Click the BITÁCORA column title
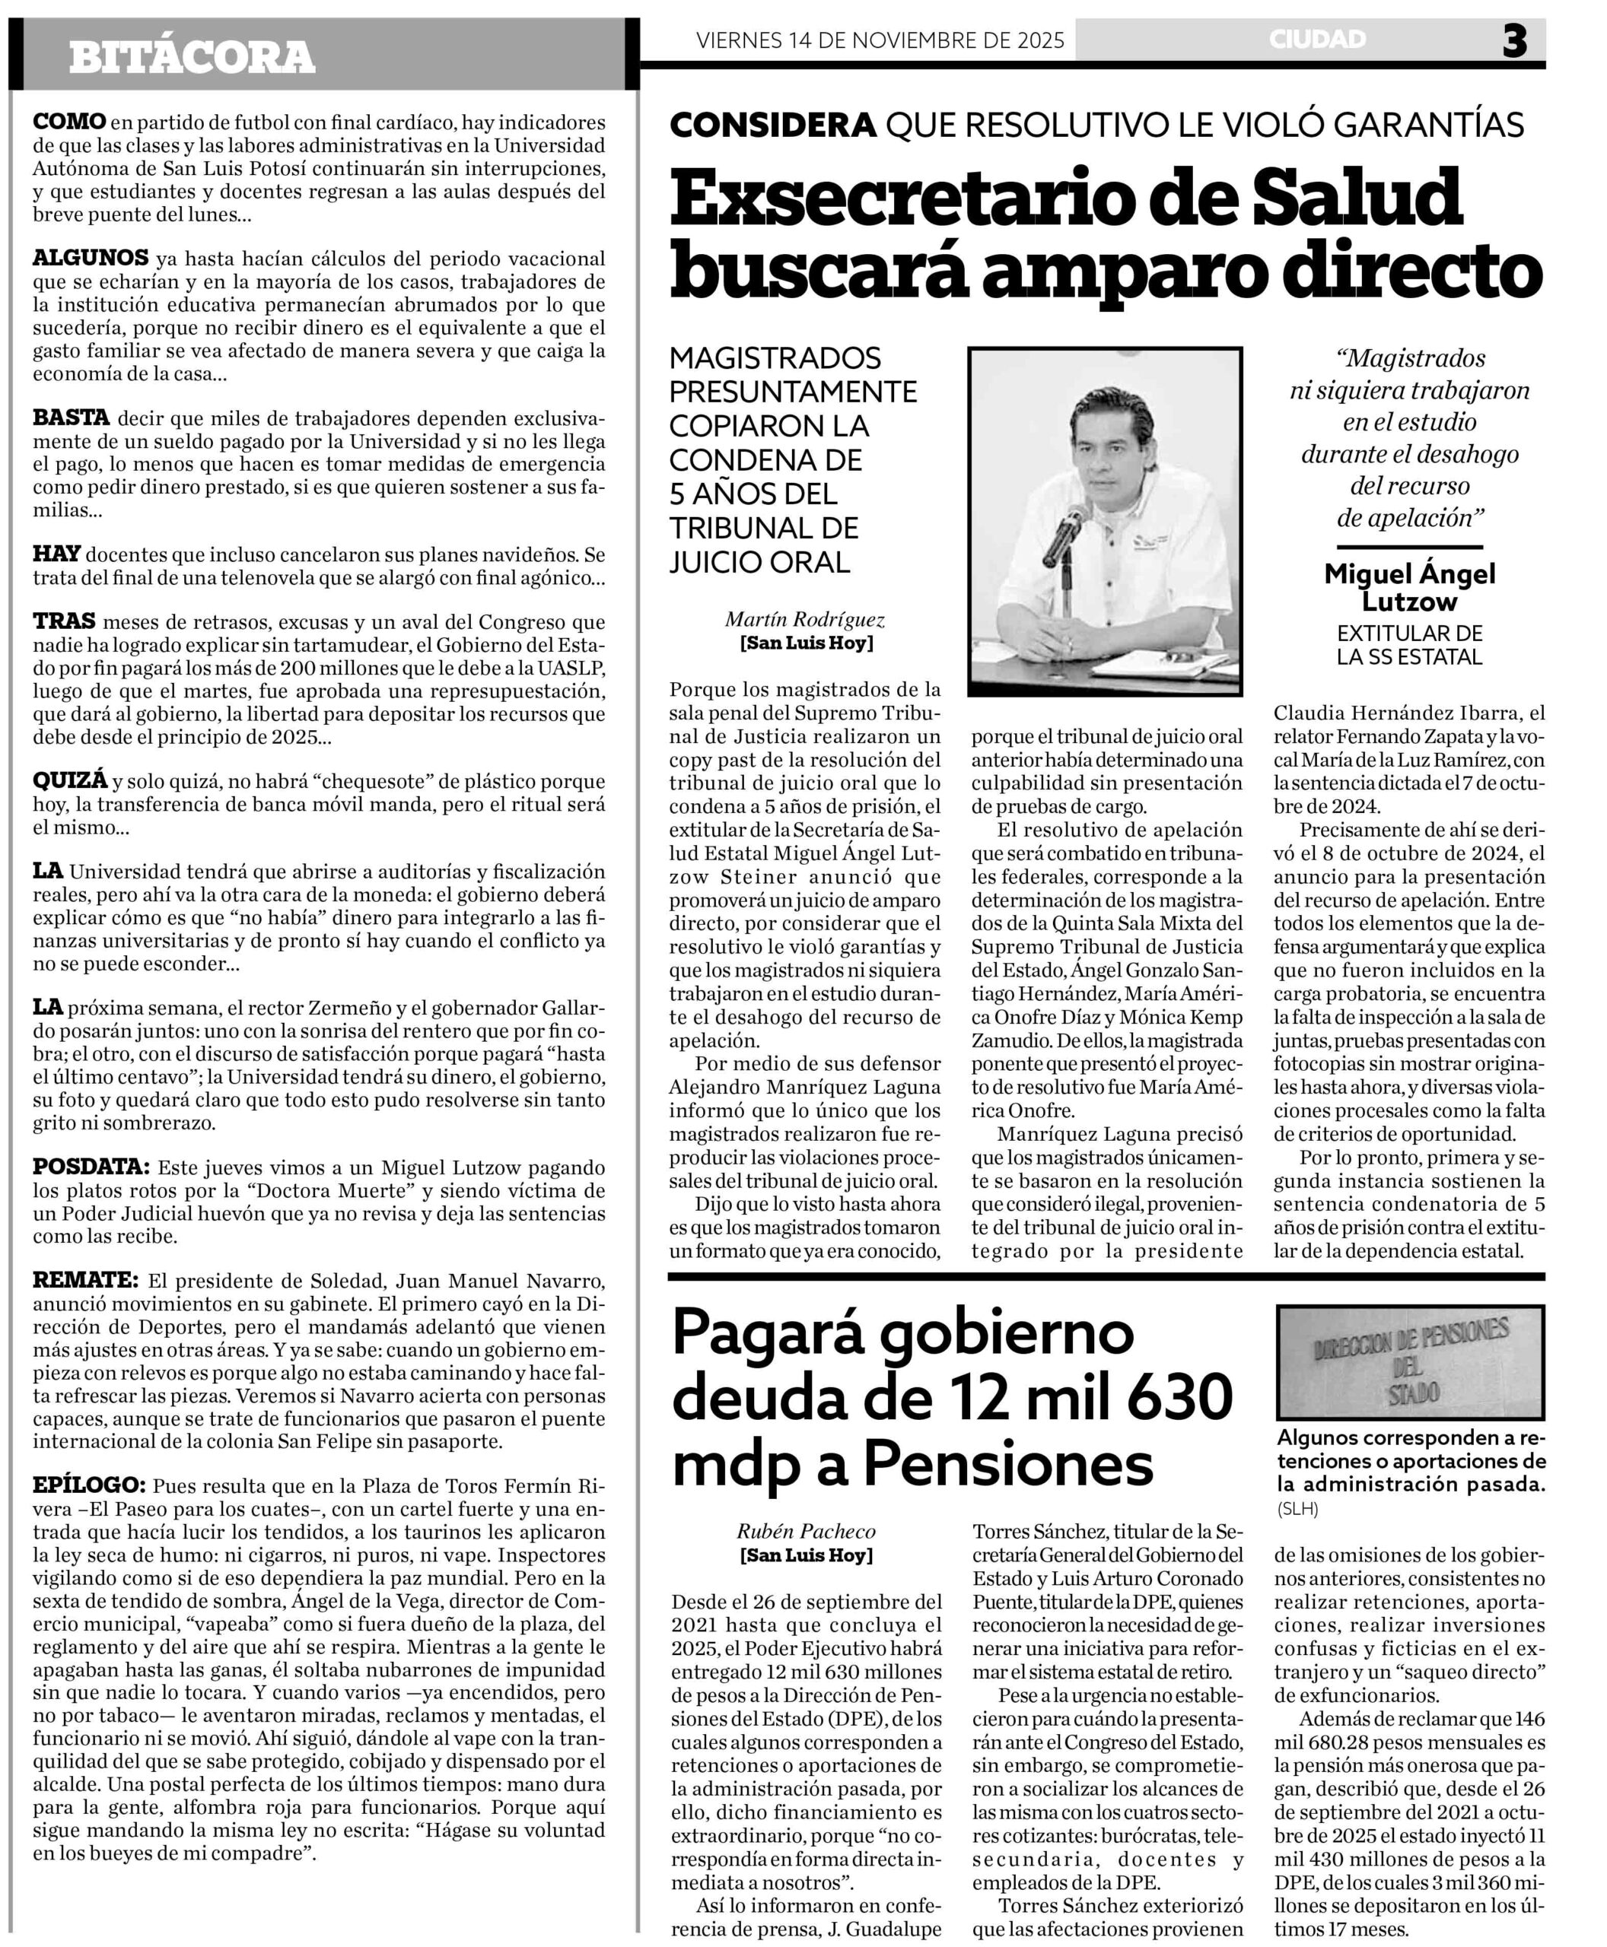(x=192, y=56)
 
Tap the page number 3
(x=1514, y=41)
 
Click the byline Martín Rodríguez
(x=805, y=619)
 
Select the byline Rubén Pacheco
(x=805, y=1558)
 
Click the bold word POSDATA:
(x=91, y=1167)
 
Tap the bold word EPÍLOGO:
(x=89, y=1485)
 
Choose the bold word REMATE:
(x=85, y=1281)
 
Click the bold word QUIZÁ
(x=70, y=781)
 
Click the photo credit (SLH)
(x=1298, y=1509)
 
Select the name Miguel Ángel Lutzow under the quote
(x=1409, y=588)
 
